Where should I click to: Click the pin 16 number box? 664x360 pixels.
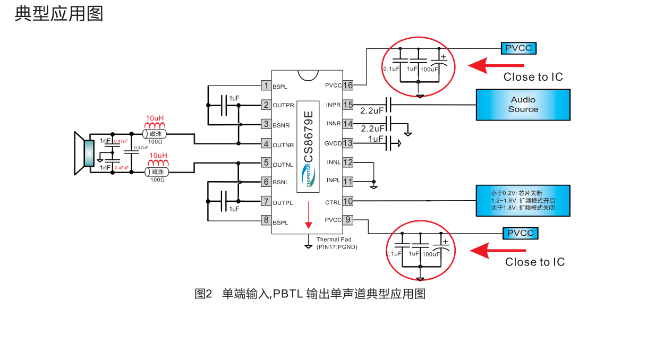tap(348, 85)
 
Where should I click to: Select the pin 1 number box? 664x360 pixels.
tap(266, 85)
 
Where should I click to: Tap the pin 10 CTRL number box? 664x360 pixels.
tap(348, 201)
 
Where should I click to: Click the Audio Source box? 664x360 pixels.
tap(523, 105)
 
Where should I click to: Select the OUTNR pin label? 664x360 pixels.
tap(283, 144)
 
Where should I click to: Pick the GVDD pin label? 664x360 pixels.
tap(333, 143)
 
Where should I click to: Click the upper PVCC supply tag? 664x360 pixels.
tap(518, 48)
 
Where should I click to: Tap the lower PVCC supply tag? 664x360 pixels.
tap(521, 233)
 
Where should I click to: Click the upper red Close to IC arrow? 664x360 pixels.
tap(496, 65)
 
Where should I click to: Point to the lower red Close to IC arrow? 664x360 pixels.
tap(498, 250)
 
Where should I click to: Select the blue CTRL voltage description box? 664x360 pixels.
tap(523, 201)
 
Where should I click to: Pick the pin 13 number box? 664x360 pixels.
tap(348, 143)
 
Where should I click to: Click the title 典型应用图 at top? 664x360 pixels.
tap(58, 13)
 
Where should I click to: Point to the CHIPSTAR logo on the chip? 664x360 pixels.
tap(309, 175)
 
